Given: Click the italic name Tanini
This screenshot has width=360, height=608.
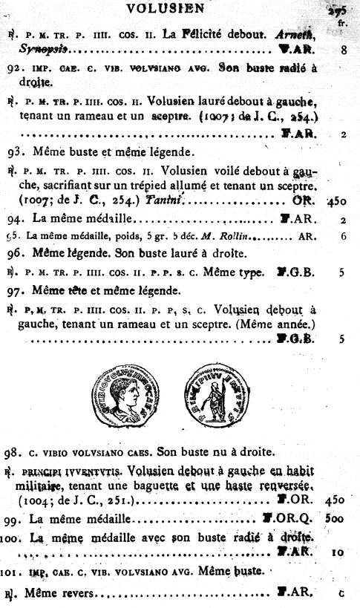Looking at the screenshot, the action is [x=162, y=200].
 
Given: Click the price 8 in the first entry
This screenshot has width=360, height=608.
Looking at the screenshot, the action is [x=344, y=50].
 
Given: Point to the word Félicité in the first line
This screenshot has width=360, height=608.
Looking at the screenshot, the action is [x=203, y=33].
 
